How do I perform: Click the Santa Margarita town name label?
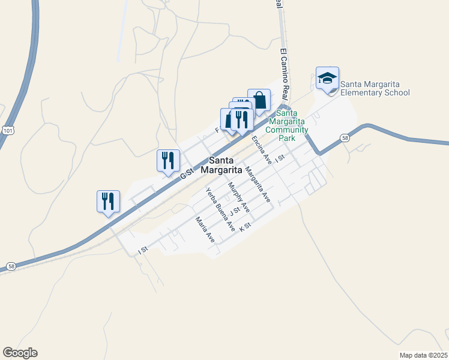click(x=225, y=165)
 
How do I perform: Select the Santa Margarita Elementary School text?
click(x=375, y=88)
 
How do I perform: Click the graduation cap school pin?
click(x=327, y=79)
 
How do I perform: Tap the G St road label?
click(x=187, y=173)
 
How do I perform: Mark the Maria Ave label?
click(x=205, y=229)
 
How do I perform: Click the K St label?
click(x=244, y=227)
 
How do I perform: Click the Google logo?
click(x=20, y=353)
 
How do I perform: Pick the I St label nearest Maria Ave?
click(x=143, y=249)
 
